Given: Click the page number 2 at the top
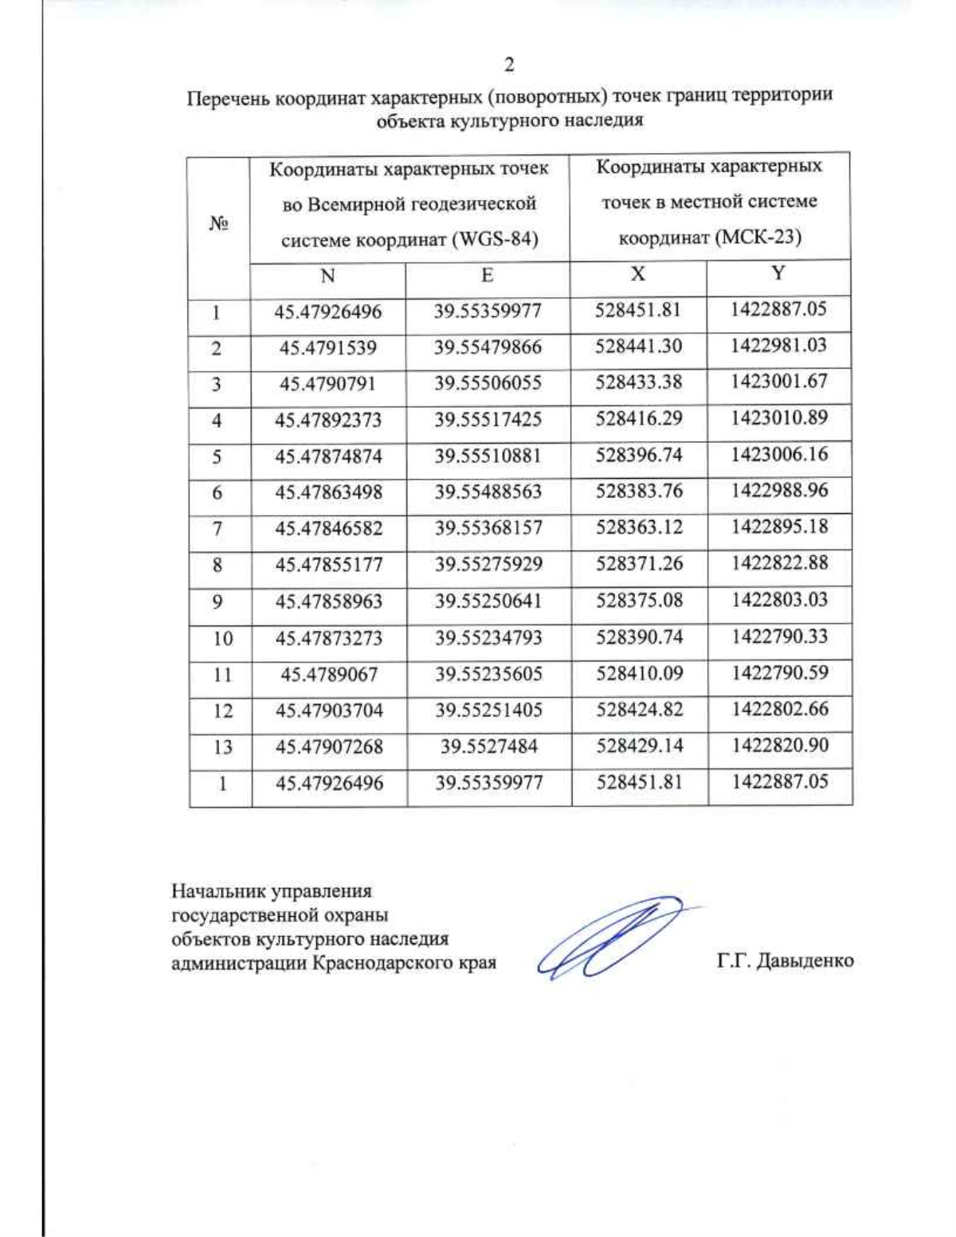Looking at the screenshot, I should coord(509,65).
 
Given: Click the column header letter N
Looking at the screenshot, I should coord(327,276).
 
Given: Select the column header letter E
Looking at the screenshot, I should coord(487,276).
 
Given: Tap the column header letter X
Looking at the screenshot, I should coord(637,274).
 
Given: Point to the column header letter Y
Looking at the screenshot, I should coord(778,273).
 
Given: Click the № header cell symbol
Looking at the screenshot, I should coord(219,224).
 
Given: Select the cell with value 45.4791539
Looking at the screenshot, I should coord(328,348).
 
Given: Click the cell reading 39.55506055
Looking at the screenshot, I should coord(488,383).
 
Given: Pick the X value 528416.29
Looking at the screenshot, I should coord(638,418).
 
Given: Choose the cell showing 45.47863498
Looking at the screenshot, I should coord(328,492).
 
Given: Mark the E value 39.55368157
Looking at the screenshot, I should coord(488,528).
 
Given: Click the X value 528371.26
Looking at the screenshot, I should coord(639,564).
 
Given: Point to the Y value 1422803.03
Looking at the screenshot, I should coord(780,600).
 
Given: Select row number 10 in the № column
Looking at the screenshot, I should coord(222,638).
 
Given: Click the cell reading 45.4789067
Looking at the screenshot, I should coord(329,675).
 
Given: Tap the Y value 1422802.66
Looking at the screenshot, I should coord(780,709).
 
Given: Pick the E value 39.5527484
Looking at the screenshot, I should coord(489,746).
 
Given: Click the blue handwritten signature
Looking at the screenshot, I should coord(609,938).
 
